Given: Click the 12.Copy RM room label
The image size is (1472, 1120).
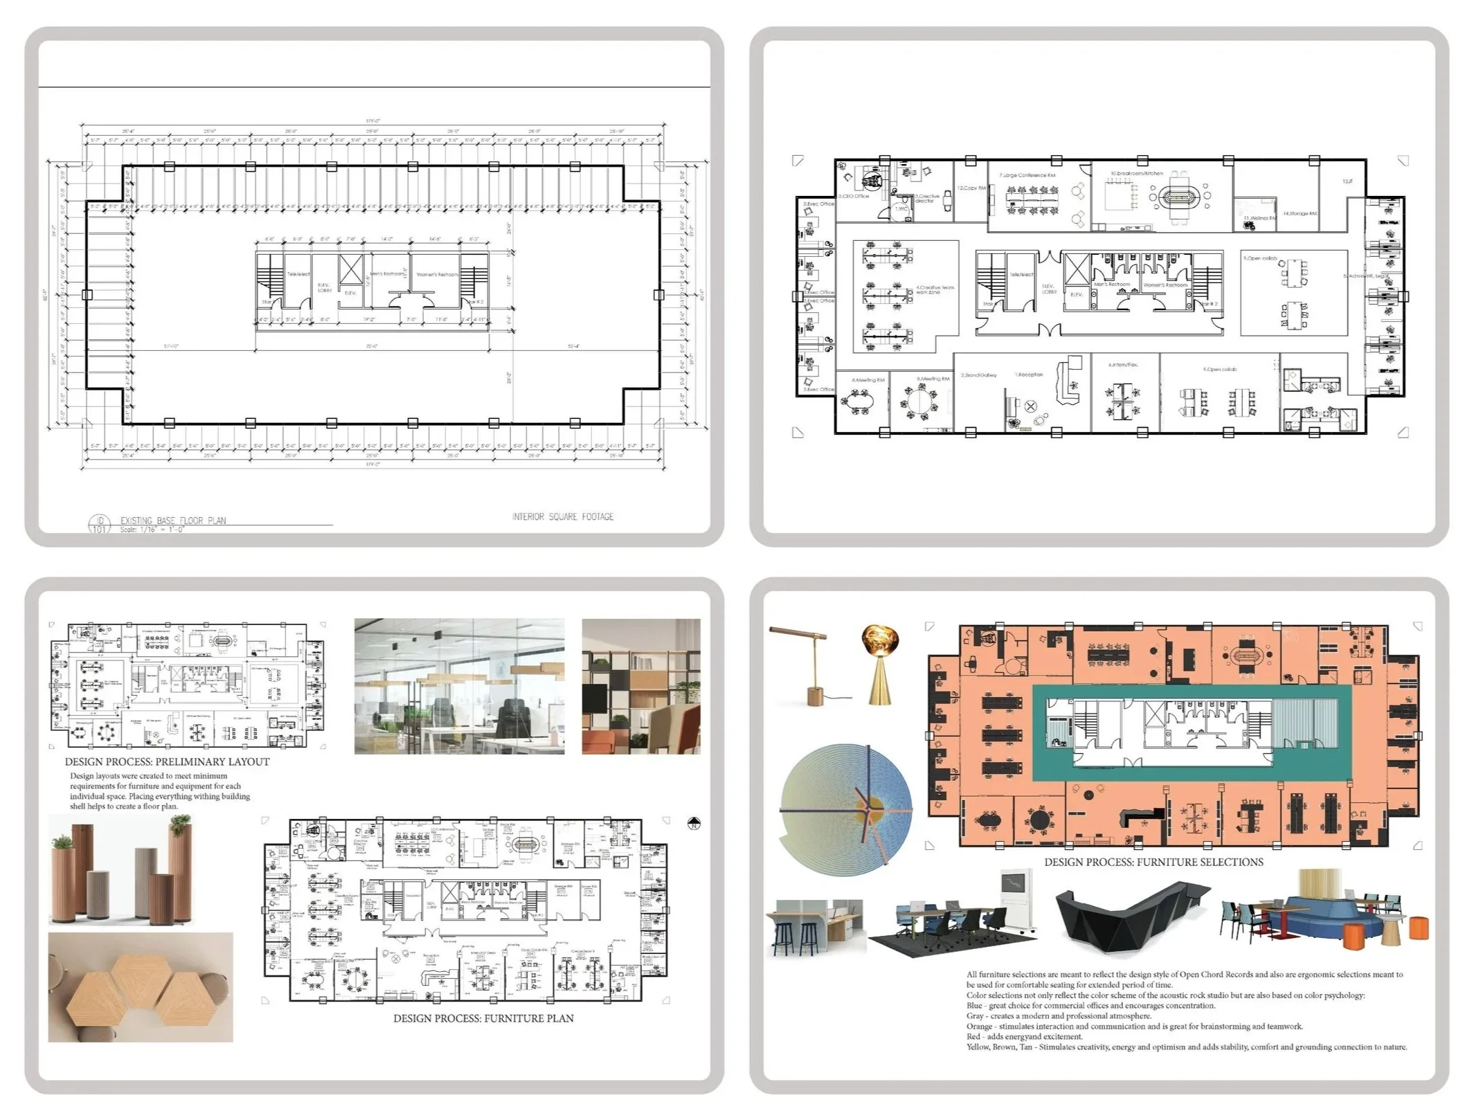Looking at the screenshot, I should (971, 188).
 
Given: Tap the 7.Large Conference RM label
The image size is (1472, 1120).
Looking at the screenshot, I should (1027, 176).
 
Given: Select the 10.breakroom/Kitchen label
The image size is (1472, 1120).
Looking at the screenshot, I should (1136, 174).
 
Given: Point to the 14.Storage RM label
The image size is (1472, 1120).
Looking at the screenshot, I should (1300, 214).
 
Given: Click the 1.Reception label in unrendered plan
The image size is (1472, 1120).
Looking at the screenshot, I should (1029, 374).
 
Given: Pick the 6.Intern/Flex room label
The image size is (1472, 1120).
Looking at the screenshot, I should (1122, 365).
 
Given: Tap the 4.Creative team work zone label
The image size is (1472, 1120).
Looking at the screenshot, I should (935, 289).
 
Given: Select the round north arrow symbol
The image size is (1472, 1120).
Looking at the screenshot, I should (694, 824).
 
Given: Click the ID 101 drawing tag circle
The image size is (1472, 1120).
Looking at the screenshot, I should (100, 524).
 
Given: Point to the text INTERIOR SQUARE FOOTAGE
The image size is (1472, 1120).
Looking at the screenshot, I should (562, 517).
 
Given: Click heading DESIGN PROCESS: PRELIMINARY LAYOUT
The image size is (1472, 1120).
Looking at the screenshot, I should (167, 761).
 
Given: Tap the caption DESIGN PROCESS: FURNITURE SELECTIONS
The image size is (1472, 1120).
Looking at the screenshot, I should (1153, 862).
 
